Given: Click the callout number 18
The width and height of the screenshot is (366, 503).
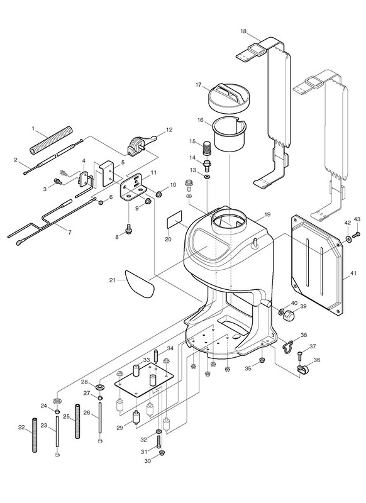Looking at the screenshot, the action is click(243, 31).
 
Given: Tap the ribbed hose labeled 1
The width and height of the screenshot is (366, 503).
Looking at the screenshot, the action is click(52, 140).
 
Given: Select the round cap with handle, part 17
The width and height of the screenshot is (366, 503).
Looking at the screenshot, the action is click(229, 96).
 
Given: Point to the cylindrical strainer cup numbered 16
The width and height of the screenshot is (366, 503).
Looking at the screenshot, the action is click(230, 133).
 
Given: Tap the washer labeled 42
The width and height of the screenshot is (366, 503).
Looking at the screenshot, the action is click(348, 238).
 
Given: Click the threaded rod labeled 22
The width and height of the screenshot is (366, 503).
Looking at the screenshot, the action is click(35, 434).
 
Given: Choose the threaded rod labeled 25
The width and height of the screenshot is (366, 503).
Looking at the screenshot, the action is click(77, 421).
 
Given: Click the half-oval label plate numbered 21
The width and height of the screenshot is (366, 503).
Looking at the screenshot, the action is click(139, 284).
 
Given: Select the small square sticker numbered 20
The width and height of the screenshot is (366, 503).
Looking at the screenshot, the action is click(175, 219).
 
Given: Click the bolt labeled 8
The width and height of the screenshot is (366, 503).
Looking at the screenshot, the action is click(128, 229).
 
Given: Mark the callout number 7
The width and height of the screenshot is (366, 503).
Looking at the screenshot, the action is click(70, 232).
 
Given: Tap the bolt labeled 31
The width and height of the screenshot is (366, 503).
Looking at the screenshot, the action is click(158, 443).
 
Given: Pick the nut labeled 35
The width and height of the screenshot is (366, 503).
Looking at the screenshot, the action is click(262, 360).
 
